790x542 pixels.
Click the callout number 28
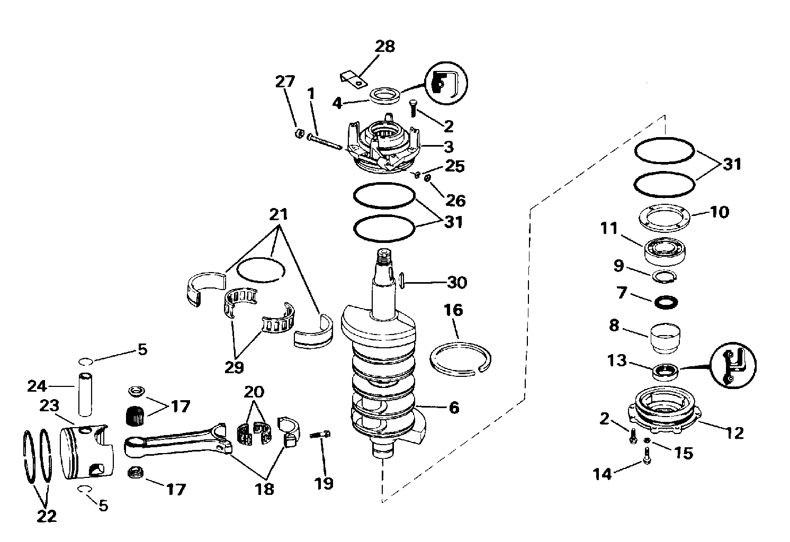[x=385, y=47]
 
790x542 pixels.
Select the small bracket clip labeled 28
[x=354, y=80]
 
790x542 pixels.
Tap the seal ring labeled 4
[x=385, y=96]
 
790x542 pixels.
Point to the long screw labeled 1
[x=325, y=142]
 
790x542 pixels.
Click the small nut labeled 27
[x=299, y=133]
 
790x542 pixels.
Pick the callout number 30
[x=457, y=283]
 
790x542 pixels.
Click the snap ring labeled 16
[x=460, y=358]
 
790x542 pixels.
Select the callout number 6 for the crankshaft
[x=454, y=408]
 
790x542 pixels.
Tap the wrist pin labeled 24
[x=85, y=394]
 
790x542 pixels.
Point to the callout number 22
[x=47, y=517]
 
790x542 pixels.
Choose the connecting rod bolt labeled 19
[x=320, y=435]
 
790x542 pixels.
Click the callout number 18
[x=264, y=489]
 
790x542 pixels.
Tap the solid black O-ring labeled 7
[x=666, y=303]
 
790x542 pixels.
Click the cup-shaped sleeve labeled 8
[x=665, y=338]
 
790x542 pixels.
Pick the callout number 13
[x=617, y=361]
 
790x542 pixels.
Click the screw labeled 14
[x=647, y=455]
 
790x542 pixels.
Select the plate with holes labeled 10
[x=665, y=219]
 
